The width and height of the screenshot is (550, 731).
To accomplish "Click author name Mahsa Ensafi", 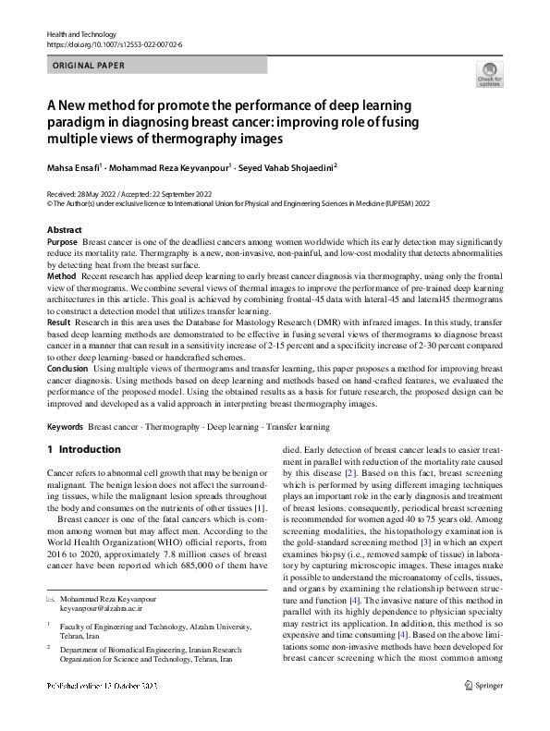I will point(77,167).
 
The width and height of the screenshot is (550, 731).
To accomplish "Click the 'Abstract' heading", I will point(64,229).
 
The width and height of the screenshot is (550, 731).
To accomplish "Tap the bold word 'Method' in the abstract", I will point(61,276).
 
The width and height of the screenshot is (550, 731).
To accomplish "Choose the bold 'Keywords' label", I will point(66,427).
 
